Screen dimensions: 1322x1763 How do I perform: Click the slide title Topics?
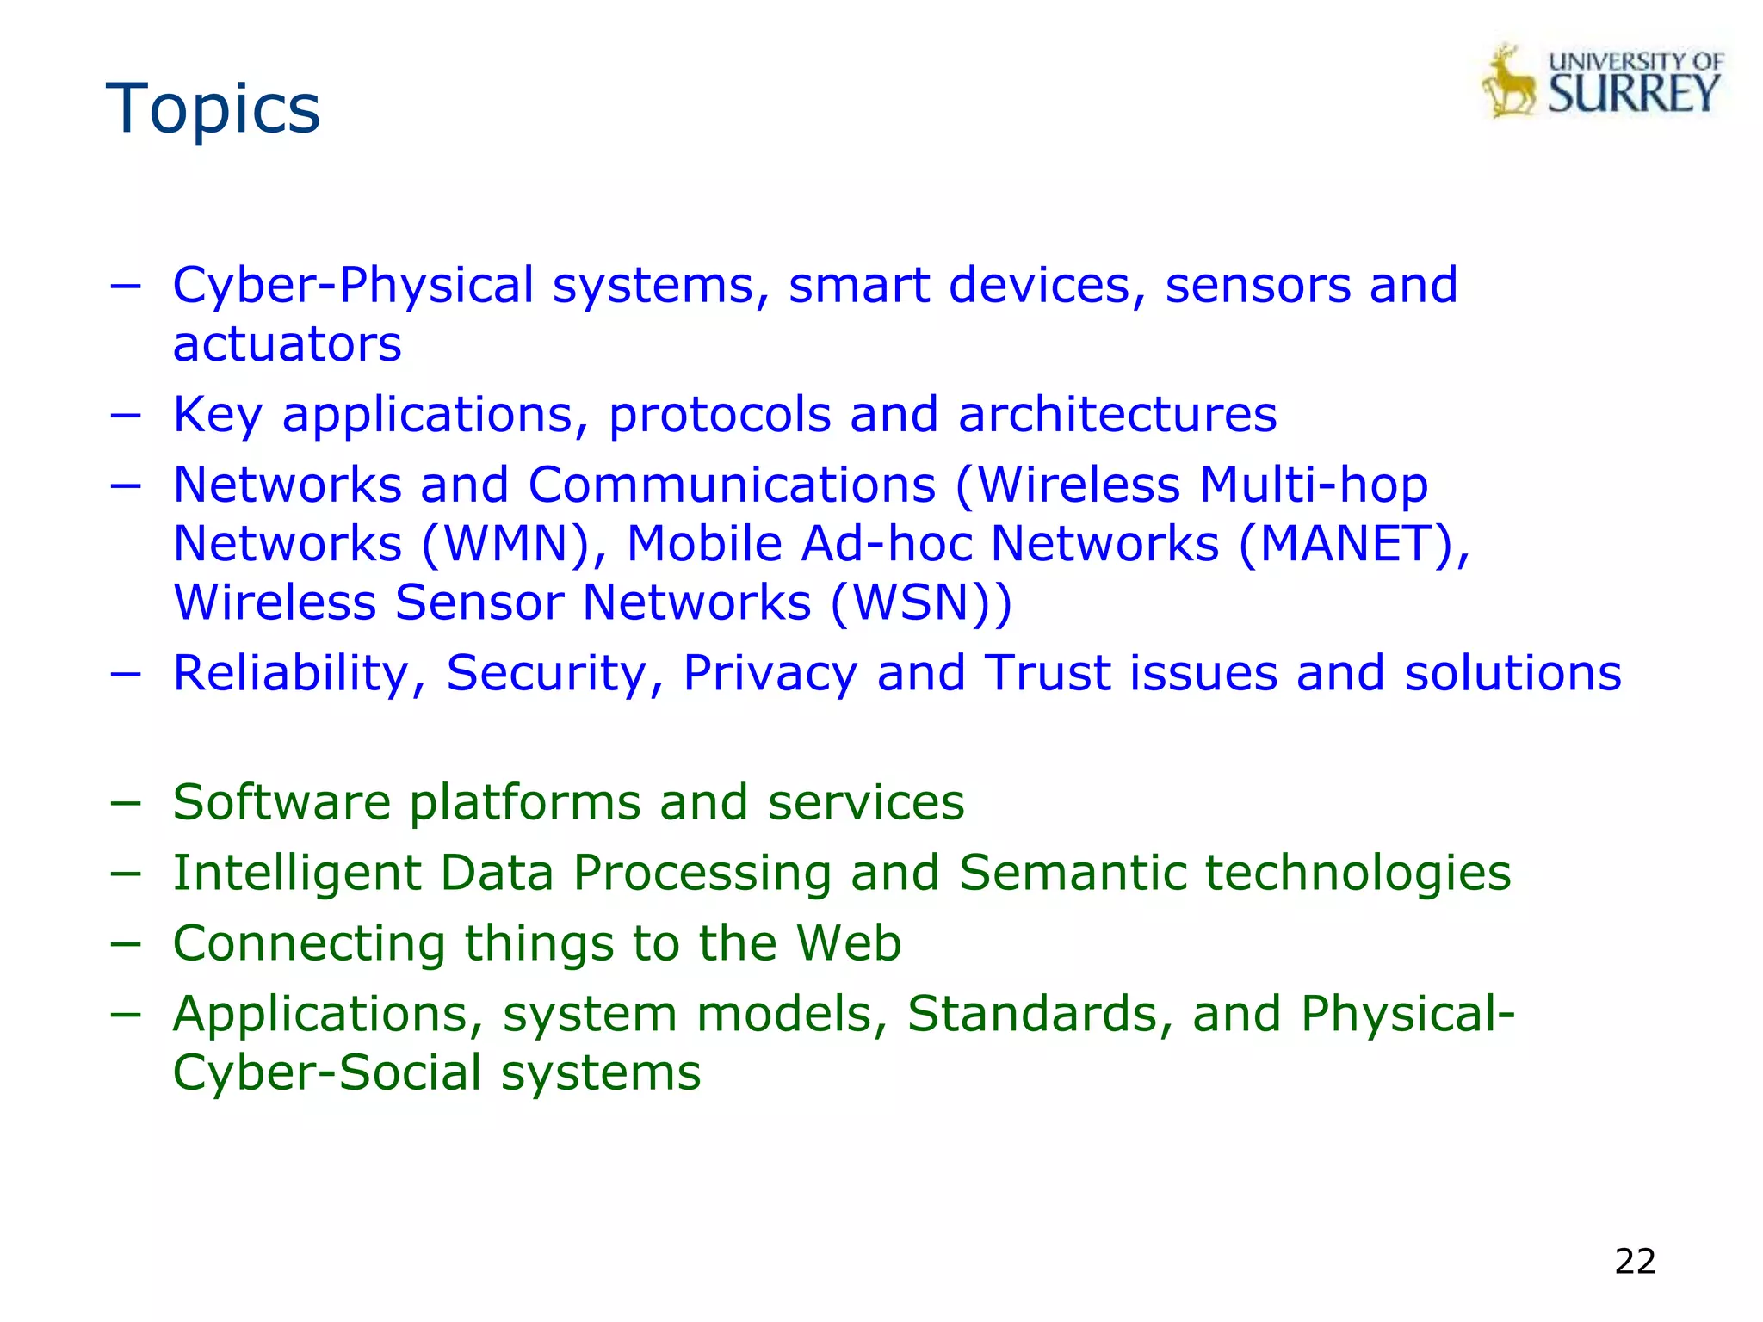213,108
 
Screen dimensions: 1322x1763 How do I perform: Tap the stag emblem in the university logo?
1509,83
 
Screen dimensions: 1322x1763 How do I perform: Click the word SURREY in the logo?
1634,94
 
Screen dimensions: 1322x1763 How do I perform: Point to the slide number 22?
1635,1261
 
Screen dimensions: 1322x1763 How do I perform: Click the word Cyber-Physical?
353,286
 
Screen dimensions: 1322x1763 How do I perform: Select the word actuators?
287,344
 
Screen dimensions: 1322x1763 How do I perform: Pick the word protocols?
720,415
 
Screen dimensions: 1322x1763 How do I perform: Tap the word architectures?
1117,415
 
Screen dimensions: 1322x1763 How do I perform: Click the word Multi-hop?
1314,485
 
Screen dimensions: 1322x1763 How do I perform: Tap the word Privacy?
770,673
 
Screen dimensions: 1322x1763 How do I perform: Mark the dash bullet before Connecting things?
126,943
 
